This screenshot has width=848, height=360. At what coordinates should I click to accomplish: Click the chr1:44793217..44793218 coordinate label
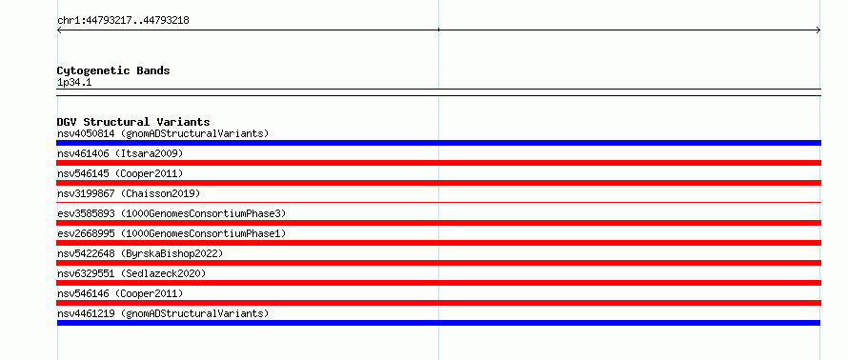(123, 21)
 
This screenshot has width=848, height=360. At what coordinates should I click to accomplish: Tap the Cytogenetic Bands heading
(113, 70)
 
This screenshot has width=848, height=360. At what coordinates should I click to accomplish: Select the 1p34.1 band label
(74, 83)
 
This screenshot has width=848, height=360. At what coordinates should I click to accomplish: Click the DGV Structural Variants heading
(133, 122)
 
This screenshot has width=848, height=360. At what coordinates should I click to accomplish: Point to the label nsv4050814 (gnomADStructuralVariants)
(163, 133)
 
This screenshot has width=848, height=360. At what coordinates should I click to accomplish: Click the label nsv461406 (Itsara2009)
(120, 153)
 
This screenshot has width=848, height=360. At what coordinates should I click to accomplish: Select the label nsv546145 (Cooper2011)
(120, 173)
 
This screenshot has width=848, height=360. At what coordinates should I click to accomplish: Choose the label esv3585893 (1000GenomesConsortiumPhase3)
(172, 213)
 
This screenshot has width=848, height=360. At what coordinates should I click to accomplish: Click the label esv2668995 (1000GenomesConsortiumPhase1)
(172, 233)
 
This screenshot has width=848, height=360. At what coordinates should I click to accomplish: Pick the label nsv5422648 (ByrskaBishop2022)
(140, 253)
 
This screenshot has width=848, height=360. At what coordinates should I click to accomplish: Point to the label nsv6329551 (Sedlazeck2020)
(131, 273)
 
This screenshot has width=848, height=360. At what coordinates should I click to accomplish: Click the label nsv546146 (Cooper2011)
(120, 293)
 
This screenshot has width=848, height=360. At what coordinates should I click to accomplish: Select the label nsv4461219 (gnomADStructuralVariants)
(163, 313)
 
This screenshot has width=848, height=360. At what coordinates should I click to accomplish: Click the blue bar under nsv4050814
(438, 143)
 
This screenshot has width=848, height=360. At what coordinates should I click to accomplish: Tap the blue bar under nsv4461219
(438, 323)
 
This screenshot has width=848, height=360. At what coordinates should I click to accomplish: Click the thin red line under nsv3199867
(438, 202)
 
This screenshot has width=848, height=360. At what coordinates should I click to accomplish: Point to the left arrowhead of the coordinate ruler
(58, 30)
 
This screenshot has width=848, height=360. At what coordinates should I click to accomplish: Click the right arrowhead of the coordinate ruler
(818, 30)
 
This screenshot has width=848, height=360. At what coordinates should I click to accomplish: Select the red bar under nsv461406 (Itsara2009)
(438, 163)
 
